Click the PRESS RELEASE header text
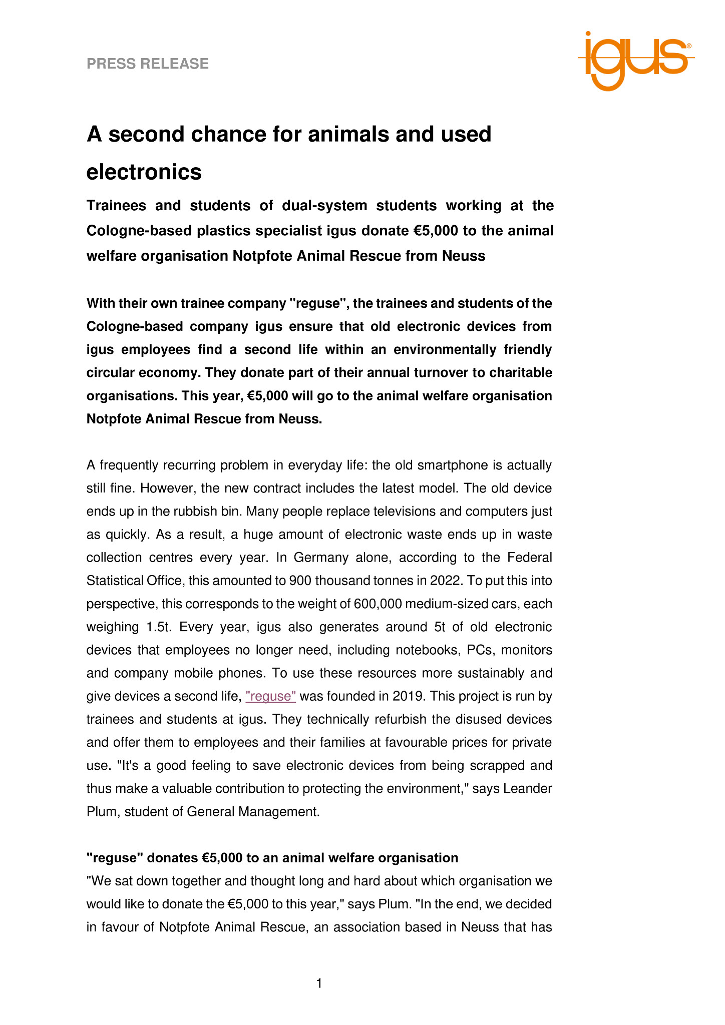[148, 64]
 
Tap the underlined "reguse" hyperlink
[271, 696]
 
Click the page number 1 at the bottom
[319, 983]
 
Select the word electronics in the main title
[144, 172]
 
